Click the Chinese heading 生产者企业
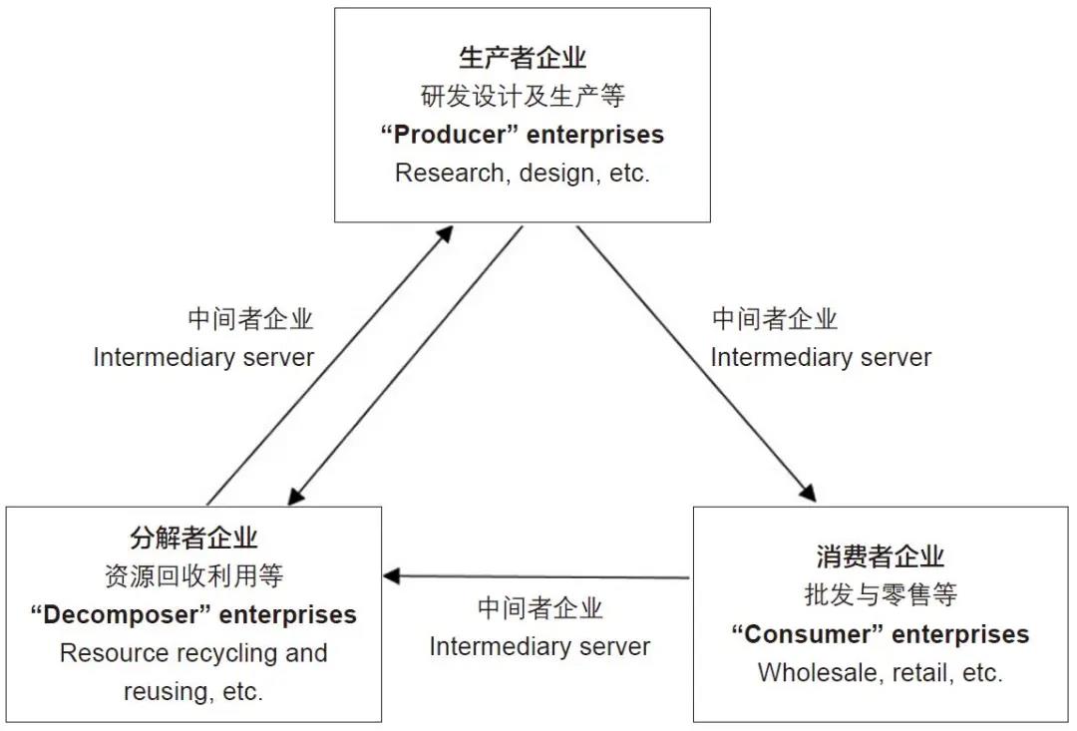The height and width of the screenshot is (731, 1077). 523,57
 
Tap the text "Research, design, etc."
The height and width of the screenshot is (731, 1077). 523,173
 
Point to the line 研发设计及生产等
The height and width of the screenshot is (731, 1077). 523,96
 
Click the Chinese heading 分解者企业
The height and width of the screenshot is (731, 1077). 193,538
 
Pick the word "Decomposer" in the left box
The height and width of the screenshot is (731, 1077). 121,614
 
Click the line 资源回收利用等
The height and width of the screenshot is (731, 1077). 193,575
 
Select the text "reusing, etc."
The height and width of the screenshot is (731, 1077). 193,691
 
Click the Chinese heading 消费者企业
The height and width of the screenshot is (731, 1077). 880,556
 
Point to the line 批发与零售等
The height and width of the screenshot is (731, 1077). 880,595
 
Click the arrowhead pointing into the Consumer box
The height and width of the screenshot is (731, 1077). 809,494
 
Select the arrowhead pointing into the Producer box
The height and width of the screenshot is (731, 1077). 445,233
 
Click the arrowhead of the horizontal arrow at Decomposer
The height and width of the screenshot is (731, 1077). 392,575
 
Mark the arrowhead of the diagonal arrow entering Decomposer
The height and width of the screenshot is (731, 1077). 296,495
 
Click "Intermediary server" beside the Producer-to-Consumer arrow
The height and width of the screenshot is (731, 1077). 821,357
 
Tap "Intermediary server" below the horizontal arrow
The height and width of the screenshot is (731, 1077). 539,646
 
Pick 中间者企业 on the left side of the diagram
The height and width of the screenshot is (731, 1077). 250,319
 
